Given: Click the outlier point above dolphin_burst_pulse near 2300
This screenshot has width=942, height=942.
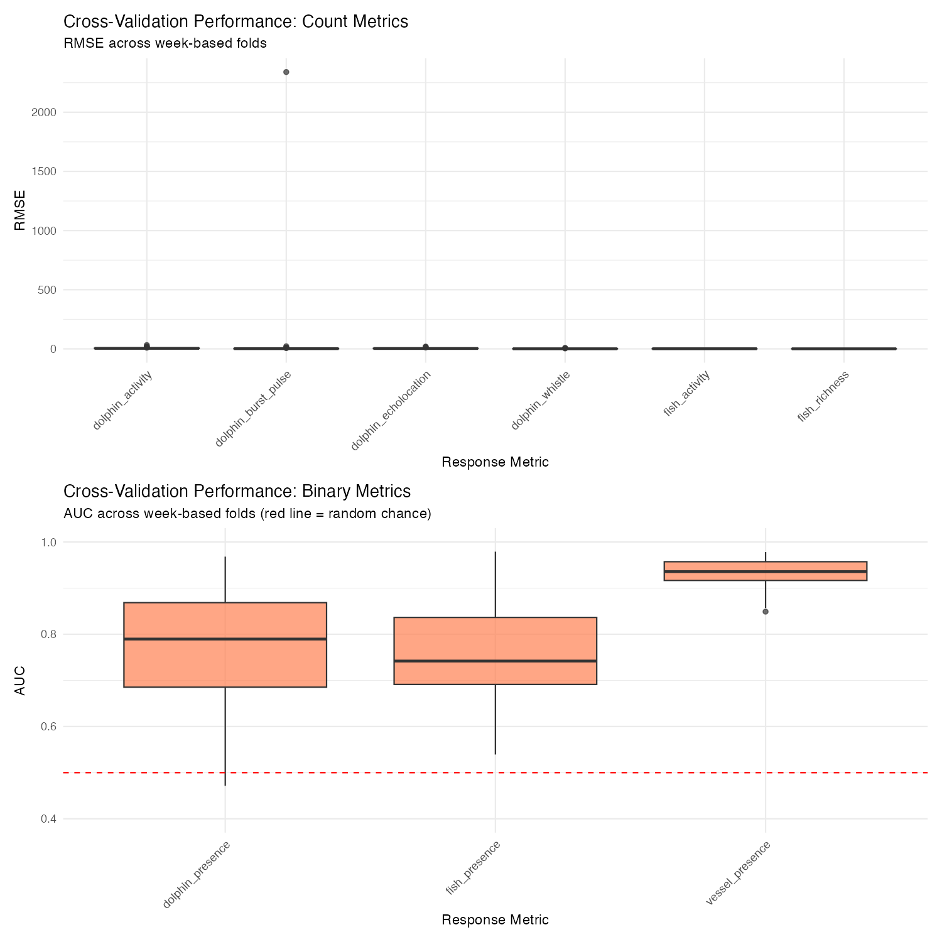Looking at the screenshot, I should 286,72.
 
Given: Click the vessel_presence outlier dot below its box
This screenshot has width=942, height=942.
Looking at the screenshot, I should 766,612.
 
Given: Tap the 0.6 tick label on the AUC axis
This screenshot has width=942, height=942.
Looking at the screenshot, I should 48,727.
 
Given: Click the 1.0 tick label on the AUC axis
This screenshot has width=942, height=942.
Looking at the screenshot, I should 48,542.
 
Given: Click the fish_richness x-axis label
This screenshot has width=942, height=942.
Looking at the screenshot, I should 823,396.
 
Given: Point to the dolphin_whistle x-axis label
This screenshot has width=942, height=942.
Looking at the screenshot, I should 540,401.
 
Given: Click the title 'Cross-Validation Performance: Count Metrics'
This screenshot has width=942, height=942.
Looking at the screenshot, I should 236,21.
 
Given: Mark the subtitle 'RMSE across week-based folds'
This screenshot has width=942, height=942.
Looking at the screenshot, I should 165,43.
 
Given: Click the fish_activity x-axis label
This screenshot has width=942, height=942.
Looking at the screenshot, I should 686,394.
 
